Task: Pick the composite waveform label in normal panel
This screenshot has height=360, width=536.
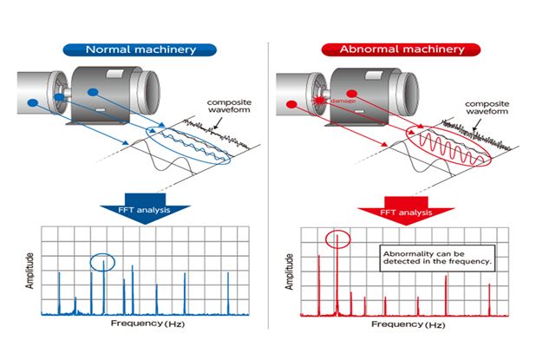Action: tap(230, 108)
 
